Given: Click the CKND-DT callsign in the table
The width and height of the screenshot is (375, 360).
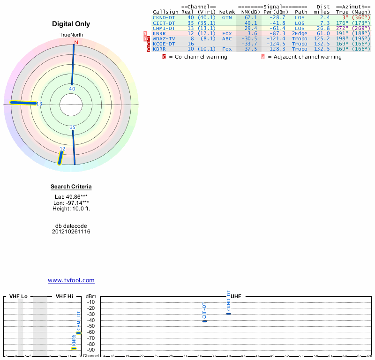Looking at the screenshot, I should (164, 17).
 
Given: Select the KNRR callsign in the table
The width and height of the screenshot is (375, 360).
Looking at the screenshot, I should (160, 33).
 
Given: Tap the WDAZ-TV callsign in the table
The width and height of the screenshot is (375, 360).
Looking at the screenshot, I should (164, 38).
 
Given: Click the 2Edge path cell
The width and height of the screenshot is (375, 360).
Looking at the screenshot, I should (300, 33).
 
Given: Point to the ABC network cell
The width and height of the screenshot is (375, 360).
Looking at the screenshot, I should (227, 38).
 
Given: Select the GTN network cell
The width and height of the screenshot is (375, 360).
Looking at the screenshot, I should (227, 17).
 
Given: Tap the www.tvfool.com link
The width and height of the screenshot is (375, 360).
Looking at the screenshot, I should (71, 280).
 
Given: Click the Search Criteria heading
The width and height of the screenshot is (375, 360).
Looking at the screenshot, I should (71, 187).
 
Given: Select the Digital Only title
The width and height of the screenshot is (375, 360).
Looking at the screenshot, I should (71, 24).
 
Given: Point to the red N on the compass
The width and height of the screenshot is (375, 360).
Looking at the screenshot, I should (75, 42).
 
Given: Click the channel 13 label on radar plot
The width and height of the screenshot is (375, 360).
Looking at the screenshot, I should (39, 104).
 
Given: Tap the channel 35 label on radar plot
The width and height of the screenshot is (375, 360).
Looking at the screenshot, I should (73, 127).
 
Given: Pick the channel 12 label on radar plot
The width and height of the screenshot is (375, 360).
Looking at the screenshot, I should (62, 149).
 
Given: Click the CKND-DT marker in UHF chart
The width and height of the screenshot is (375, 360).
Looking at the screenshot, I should (228, 314).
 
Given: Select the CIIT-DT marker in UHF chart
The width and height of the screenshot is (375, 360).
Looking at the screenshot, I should (204, 321).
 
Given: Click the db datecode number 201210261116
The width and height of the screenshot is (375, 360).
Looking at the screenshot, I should (71, 232).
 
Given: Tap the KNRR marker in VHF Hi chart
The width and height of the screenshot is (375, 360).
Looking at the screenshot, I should (74, 348).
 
